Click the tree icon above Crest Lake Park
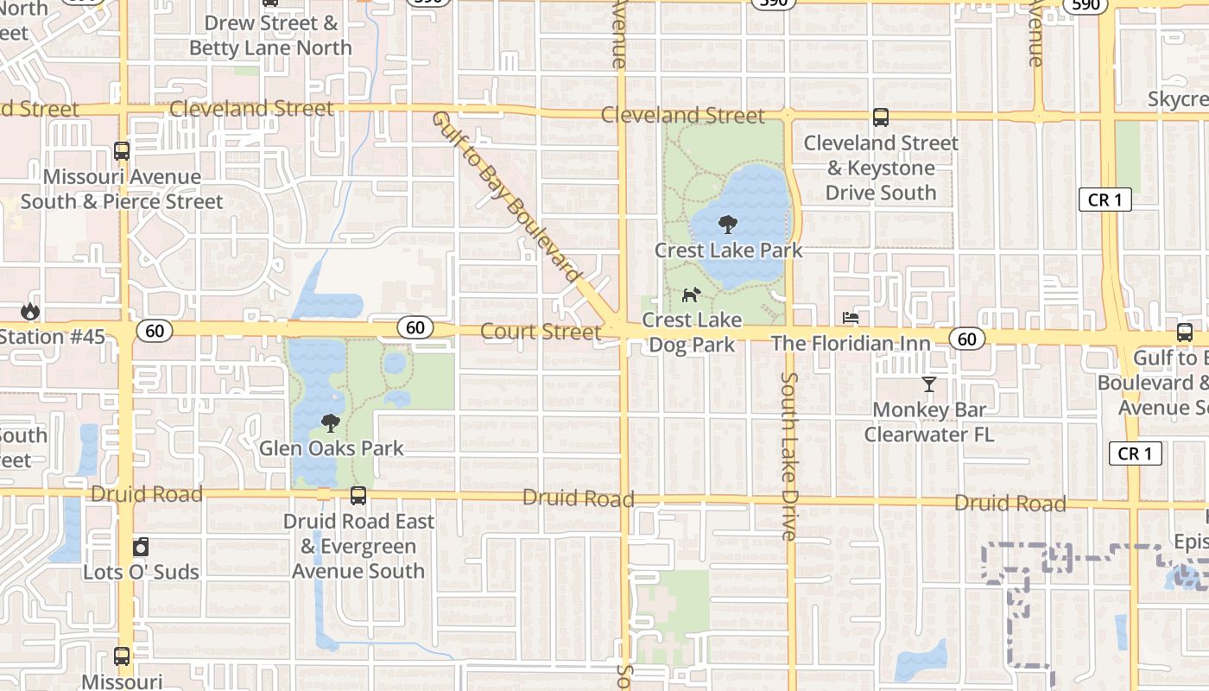[x=728, y=225]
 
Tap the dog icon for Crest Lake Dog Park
[x=690, y=295]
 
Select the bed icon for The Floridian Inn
[x=851, y=318]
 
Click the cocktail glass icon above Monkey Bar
[x=929, y=384]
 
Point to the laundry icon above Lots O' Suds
[x=141, y=547]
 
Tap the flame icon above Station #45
[x=31, y=311]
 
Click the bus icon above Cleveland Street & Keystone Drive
[x=881, y=117]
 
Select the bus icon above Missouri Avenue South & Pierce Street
[x=122, y=151]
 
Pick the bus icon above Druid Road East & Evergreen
[x=358, y=496]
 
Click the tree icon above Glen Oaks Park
[x=330, y=423]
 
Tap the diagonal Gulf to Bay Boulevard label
[x=507, y=197]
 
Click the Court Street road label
[x=541, y=332]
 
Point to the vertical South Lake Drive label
[x=788, y=456]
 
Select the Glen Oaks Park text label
[x=332, y=448]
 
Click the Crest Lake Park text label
[x=728, y=250]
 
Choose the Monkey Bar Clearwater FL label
[x=929, y=422]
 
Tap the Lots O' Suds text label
[x=141, y=572]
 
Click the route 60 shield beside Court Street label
[x=415, y=327]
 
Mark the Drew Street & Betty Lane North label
[x=270, y=35]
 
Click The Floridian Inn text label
[x=851, y=344]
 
